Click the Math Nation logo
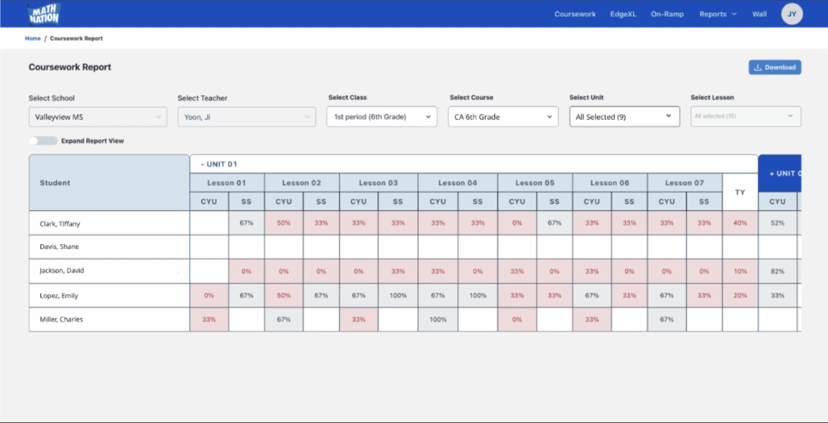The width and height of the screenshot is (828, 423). coord(44,14)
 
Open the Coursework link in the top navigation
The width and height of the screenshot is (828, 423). coord(575,14)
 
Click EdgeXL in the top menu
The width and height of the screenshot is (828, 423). coord(623,14)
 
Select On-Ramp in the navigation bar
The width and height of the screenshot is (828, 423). coord(667,14)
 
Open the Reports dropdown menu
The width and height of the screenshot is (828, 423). coord(718,14)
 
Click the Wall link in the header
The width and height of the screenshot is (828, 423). coord(759,14)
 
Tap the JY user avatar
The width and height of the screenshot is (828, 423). coord(792,14)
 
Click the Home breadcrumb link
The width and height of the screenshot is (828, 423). coord(32,38)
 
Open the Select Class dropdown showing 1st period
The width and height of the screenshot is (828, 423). coord(382,117)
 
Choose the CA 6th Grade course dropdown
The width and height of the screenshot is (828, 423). coord(503,117)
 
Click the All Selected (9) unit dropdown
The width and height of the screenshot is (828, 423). coord(623,116)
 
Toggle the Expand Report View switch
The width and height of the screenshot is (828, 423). coord(43,141)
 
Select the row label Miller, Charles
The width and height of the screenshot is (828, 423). coord(61,319)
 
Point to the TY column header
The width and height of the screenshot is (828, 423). coord(740,192)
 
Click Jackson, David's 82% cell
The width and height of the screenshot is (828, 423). coord(777,272)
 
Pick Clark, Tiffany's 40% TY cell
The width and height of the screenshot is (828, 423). coord(740,223)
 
